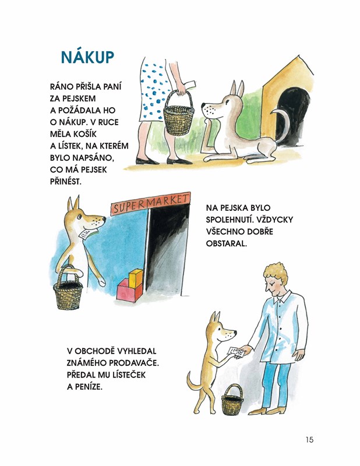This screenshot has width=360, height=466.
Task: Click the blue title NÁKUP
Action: [87, 57]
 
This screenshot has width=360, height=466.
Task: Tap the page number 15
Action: [309, 440]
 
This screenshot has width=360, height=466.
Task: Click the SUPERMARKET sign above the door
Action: [150, 203]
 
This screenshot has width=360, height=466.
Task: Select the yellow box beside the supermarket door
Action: [136, 278]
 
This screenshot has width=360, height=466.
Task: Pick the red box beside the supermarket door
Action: [129, 291]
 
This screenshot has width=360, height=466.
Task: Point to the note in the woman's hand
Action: [189, 84]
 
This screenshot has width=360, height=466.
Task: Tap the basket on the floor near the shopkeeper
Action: [232, 398]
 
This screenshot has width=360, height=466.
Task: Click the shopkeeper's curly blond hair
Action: [277, 273]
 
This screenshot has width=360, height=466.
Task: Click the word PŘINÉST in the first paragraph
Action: [65, 181]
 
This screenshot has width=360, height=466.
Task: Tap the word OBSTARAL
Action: [226, 243]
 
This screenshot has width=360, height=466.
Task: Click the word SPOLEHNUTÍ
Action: [230, 220]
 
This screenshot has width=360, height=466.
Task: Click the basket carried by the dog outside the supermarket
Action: [68, 288]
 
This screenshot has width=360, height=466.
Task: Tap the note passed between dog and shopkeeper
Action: [236, 352]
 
